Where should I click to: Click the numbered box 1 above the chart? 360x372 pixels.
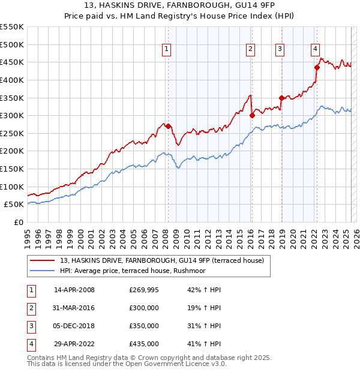tap(166, 50)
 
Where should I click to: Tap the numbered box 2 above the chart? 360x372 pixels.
tap(250, 50)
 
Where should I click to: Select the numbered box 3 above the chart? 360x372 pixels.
tap(280, 50)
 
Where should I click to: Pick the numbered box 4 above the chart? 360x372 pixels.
tap(315, 50)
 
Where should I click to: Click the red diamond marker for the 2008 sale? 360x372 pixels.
tap(168, 127)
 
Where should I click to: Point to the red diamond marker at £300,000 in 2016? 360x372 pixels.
tap(253, 116)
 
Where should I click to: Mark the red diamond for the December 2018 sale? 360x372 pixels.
tap(281, 98)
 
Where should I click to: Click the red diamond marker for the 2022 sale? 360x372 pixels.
tap(317, 68)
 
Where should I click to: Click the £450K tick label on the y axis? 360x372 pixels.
tap(12, 62)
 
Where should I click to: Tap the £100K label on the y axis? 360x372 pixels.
tap(12, 187)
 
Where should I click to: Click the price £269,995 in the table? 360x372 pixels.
tap(144, 290)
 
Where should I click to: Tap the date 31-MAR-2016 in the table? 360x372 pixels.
tap(74, 308)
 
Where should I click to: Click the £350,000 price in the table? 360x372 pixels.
tap(144, 326)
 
